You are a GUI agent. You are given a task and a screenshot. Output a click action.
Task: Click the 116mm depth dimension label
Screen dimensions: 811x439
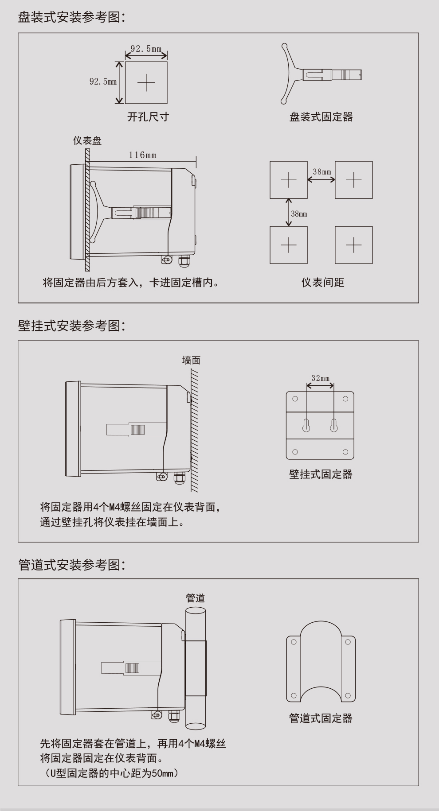tap(142, 155)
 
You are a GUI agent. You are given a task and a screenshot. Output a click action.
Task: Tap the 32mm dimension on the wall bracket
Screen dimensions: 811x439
tap(320, 378)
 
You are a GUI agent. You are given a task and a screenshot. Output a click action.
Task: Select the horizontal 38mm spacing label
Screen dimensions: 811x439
tap(321, 172)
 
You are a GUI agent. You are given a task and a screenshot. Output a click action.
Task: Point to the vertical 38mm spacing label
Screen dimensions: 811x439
tap(299, 214)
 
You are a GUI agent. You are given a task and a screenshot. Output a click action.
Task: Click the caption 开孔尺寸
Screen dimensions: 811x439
tap(148, 117)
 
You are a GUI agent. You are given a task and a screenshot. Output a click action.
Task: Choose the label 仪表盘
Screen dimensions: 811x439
tap(87, 141)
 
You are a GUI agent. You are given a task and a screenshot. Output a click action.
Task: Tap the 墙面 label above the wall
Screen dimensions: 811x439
tap(191, 361)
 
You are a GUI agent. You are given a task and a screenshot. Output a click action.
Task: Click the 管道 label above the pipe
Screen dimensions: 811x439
tap(195, 598)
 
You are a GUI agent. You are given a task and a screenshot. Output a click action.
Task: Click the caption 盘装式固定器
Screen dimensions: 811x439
tap(321, 117)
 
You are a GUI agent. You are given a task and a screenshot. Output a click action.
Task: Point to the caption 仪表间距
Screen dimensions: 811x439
tap(323, 283)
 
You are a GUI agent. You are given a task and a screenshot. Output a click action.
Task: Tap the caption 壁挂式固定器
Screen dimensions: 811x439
tap(321, 474)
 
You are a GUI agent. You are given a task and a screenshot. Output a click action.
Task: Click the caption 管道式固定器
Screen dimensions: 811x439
tap(321, 718)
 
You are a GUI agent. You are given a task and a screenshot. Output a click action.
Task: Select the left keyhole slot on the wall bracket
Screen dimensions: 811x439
tap(306, 425)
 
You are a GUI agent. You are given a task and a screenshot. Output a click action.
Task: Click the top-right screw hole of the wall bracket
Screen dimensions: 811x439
tap(345, 399)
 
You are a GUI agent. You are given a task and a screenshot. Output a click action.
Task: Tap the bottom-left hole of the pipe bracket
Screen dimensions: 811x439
tap(293, 696)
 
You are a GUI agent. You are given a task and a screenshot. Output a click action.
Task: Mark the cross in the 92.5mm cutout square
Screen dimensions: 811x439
tap(146, 83)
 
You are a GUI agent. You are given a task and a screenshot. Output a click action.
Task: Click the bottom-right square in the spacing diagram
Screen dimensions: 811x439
tap(353, 245)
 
